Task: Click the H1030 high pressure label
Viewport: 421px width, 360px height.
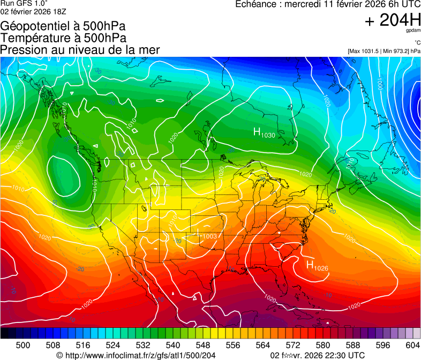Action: [264, 133]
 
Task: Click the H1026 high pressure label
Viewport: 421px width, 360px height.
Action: [317, 265]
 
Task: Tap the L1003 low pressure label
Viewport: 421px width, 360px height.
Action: [207, 236]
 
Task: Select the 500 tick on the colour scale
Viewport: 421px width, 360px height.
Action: [23, 345]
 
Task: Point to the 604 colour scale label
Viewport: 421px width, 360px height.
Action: [413, 345]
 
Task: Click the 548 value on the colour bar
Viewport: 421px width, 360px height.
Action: [203, 345]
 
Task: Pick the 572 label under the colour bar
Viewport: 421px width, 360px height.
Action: [293, 345]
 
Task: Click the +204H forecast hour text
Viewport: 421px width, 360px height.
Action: [393, 20]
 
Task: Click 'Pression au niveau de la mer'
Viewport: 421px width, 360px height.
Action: [80, 50]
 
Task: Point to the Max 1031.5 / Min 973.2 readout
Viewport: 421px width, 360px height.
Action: [384, 51]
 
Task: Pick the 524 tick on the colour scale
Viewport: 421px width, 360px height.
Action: [113, 345]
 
